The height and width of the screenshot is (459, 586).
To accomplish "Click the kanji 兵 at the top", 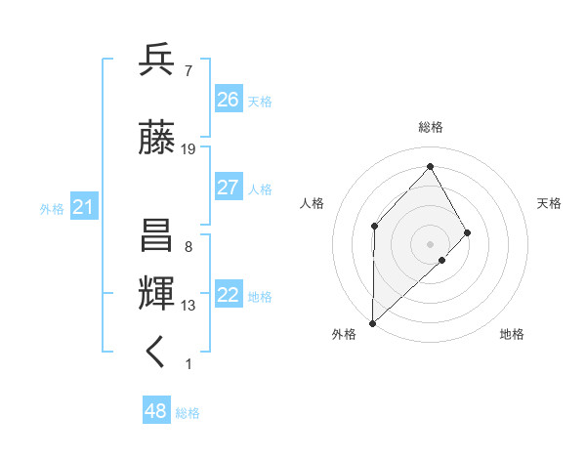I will pos(157,62).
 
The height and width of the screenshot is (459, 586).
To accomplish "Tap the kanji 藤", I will pos(157,140).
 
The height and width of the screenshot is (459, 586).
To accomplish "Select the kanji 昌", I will pos(157,238).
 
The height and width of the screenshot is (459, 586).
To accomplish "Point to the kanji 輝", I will pos(157,294).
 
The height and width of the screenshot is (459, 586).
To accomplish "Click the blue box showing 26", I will pos(229,100).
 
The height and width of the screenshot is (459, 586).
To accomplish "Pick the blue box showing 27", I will pos(229,188).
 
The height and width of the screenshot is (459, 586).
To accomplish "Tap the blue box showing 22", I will pos(229,296).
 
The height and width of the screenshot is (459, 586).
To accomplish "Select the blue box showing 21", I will pos(83,207).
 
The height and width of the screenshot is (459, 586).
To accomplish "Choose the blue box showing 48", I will pos(156,411).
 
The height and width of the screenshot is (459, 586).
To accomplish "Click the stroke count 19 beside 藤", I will pos(188,149).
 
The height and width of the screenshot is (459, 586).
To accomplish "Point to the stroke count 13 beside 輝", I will pos(188,306).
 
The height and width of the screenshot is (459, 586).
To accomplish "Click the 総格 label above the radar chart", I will pos(430,127).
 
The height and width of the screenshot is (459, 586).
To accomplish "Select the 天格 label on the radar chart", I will pos(550,203).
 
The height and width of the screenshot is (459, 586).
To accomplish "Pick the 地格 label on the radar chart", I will pos(512,335).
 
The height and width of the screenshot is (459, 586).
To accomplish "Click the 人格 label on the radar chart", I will pos(313,203).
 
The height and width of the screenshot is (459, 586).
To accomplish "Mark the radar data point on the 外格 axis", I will pos(372,321).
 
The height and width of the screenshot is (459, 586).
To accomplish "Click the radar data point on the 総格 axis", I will pos(430,167).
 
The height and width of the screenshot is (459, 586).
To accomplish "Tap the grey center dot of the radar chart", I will pos(430,243).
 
